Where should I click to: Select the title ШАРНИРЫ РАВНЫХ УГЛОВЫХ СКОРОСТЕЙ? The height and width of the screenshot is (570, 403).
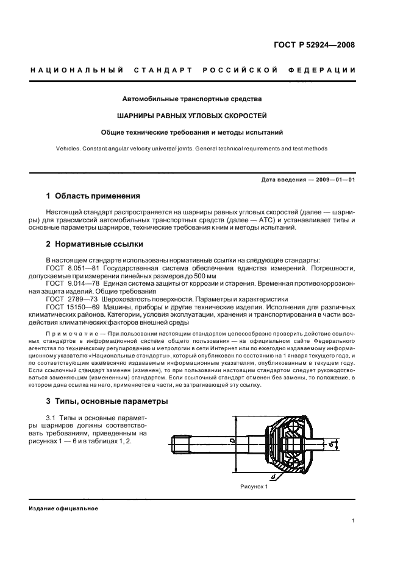192,114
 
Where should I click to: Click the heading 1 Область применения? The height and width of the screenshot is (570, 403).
93,196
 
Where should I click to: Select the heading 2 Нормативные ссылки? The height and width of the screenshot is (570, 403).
95,244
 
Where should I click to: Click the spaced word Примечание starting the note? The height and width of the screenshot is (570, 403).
73,336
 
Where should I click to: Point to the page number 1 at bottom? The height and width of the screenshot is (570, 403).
354,520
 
